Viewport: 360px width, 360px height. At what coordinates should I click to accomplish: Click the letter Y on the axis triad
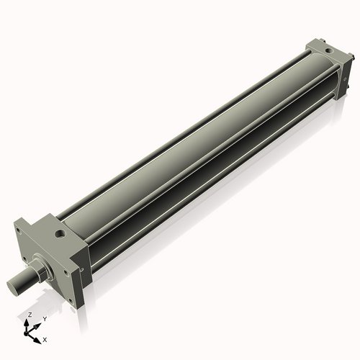[45, 318]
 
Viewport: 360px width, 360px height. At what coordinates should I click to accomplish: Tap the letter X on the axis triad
[45, 338]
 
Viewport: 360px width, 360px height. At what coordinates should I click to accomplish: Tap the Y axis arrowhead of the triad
[39, 323]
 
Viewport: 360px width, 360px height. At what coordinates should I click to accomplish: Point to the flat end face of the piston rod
[12, 287]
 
